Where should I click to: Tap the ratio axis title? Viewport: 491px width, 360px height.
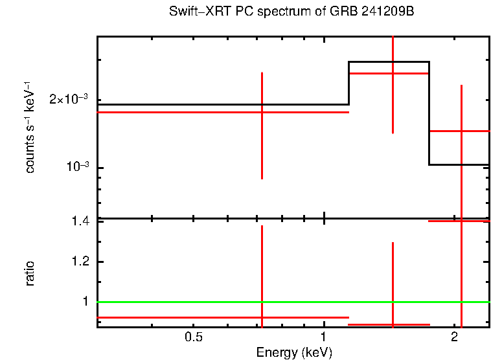point(30,273)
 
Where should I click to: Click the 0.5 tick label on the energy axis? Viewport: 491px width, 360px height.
point(194,337)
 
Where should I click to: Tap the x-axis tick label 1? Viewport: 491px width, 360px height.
point(323,337)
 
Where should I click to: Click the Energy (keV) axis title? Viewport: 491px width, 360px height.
point(294,352)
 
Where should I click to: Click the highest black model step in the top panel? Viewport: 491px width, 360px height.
point(389,62)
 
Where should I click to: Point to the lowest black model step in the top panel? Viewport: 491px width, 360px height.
point(459,164)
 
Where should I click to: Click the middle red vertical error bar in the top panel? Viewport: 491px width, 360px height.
point(393,97)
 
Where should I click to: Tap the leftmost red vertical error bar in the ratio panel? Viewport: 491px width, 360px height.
point(262,272)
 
